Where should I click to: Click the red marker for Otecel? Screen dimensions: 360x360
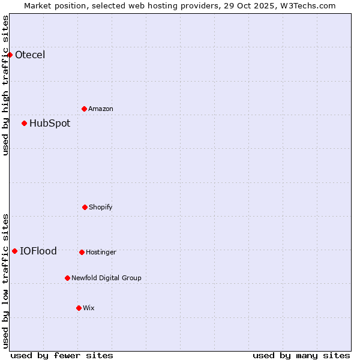[x=10, y=55]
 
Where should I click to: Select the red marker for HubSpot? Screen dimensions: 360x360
[x=25, y=124]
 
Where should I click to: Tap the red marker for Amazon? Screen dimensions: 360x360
[x=85, y=109]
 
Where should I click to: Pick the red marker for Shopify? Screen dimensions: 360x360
[x=85, y=207]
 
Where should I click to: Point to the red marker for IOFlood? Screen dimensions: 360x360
[x=15, y=251]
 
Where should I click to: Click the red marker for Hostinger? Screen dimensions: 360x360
[x=82, y=252]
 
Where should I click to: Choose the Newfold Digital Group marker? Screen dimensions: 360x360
[x=67, y=278]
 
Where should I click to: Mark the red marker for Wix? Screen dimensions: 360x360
[x=79, y=308]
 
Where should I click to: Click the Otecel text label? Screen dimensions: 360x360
[x=30, y=55]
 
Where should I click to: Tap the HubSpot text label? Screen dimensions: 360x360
[x=50, y=124]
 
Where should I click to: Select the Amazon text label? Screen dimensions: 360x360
[x=101, y=109]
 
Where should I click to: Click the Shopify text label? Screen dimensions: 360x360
[x=101, y=207]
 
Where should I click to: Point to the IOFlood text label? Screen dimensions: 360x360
[x=38, y=251]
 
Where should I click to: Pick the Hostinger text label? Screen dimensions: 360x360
[x=101, y=252]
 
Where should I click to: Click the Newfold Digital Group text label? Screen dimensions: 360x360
[x=106, y=278]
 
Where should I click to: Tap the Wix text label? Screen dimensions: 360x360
[x=89, y=308]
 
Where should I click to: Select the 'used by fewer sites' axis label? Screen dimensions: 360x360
[x=62, y=355]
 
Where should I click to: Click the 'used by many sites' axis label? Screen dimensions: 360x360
[x=301, y=355]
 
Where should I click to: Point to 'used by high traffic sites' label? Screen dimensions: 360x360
[x=5, y=85]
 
